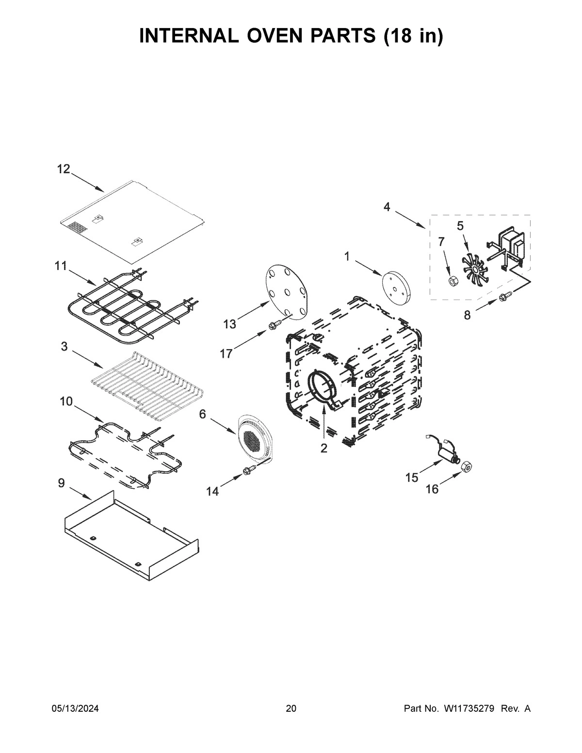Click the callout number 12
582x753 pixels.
tap(64, 169)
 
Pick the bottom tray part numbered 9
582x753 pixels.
tap(131, 533)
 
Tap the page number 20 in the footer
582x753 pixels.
tap(291, 709)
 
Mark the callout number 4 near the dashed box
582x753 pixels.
tap(387, 207)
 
